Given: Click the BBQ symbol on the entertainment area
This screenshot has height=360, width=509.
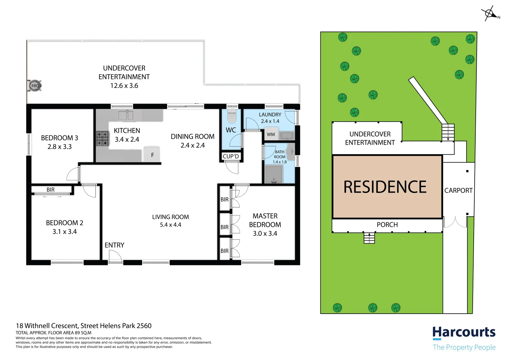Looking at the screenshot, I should point(35,86).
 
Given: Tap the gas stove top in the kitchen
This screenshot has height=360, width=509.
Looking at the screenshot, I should point(103,139).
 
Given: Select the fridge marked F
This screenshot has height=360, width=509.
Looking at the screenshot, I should point(152,155).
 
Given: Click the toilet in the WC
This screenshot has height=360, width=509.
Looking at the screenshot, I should point(232,116).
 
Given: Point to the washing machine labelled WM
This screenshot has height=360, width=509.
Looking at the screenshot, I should point(271,134).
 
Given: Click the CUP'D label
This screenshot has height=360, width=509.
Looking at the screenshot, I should point(231,156).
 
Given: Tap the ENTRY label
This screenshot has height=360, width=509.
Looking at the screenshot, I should point(114,245).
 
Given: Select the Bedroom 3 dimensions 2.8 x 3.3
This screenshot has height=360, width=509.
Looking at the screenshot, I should point(59,147).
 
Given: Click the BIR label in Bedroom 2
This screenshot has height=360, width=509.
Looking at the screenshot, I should point(50,190).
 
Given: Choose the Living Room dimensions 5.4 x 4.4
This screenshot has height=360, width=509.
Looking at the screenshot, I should point(170,225).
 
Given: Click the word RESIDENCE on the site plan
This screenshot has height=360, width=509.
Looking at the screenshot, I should point(385,187).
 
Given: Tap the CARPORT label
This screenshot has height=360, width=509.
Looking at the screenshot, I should point(458,190).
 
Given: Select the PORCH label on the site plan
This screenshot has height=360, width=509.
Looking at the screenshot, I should point(387,225).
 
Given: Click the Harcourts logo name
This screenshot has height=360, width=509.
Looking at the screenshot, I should point(464,332).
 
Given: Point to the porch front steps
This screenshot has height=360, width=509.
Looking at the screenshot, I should point(369,238).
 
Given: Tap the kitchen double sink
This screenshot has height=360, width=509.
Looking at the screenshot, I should point(126,115).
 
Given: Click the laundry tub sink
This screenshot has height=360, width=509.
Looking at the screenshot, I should point(286,135).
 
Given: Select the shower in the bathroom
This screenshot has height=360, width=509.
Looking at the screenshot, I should point(274,175).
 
